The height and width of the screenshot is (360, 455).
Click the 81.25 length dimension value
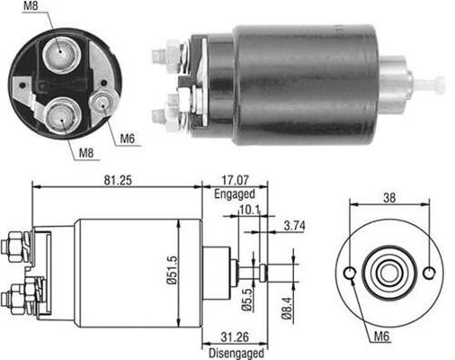pos(118,181)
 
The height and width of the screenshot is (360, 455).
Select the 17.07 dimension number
pos(236,180)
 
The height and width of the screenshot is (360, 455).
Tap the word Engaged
pos(235,194)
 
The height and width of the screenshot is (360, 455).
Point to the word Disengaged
pos(236,353)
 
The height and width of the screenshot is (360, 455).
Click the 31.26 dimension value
pos(235,337)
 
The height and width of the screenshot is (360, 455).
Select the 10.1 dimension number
pos(249,210)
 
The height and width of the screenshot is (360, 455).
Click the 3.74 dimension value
pos(295,226)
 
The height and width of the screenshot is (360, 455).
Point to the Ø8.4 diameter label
pos(287,308)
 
